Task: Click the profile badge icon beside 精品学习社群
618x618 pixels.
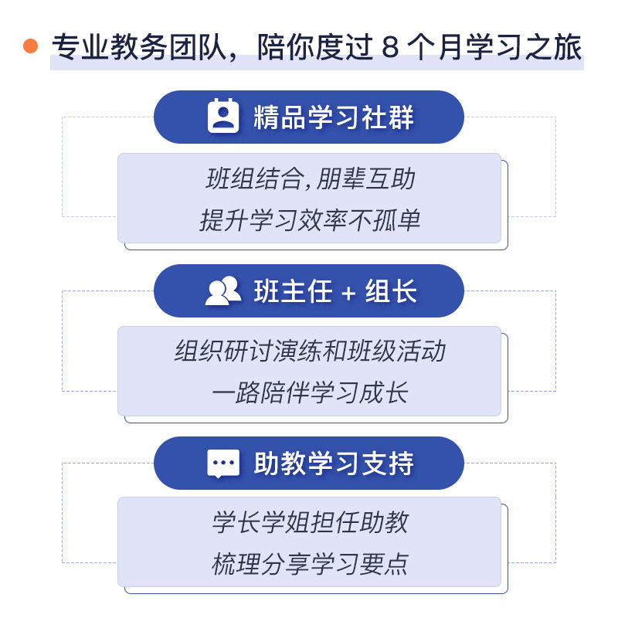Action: point(223,117)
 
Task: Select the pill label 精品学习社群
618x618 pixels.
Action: point(334,117)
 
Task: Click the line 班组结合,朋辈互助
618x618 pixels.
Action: point(311,179)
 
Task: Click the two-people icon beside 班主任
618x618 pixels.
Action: point(223,290)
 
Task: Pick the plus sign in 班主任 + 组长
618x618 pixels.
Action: point(348,292)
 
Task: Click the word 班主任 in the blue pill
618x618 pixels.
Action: point(294,291)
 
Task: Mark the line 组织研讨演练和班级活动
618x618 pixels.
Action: point(311,351)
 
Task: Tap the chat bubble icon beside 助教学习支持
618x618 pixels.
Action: point(223,463)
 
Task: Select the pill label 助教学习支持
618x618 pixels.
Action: point(334,463)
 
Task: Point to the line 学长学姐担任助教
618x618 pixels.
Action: point(311,523)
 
